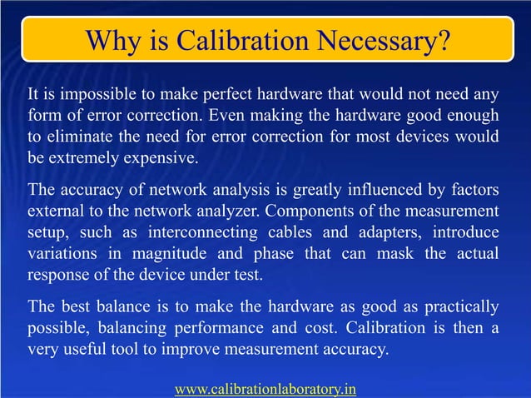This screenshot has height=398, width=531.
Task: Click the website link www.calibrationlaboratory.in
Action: [x=265, y=388]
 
